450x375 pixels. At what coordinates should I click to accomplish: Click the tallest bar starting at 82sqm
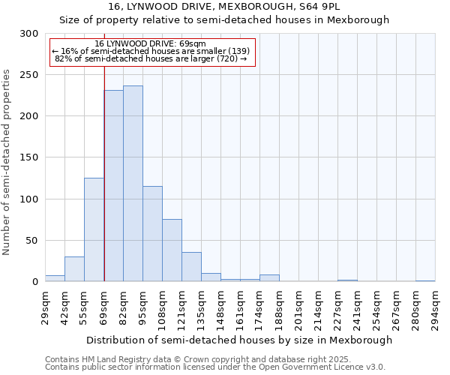pyautogui.click(x=133, y=184)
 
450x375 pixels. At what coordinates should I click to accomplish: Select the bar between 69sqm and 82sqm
pyautogui.click(x=113, y=186)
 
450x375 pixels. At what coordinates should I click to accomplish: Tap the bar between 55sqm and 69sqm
pyautogui.click(x=94, y=229)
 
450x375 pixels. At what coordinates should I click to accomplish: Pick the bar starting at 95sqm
pyautogui.click(x=152, y=234)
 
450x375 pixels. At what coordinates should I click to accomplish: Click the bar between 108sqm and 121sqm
pyautogui.click(x=172, y=250)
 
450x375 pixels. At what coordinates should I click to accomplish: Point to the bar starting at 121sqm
pyautogui.click(x=191, y=267)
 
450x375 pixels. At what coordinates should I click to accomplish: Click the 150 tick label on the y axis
pyautogui.click(x=29, y=158)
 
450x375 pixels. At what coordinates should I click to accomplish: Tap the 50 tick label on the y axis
pyautogui.click(x=32, y=241)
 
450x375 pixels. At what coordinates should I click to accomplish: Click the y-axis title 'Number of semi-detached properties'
pyautogui.click(x=7, y=162)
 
